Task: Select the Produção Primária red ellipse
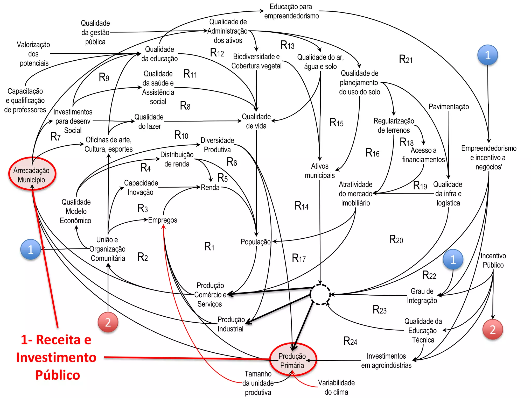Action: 292,360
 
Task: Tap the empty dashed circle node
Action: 320,294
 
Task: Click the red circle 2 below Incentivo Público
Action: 493,329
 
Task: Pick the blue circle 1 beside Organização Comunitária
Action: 31,250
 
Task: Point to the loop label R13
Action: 287,45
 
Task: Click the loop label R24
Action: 350,341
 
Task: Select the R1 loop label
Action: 209,246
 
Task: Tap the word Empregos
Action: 163,220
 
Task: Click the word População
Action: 255,242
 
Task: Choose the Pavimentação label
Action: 449,106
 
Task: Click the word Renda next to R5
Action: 210,187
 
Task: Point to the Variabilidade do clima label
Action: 336,387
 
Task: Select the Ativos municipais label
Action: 320,171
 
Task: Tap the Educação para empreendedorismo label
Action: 291,11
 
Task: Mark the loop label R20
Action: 396,239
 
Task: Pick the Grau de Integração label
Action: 422,296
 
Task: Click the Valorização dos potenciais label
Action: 34,54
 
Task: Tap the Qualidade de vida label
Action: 256,121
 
